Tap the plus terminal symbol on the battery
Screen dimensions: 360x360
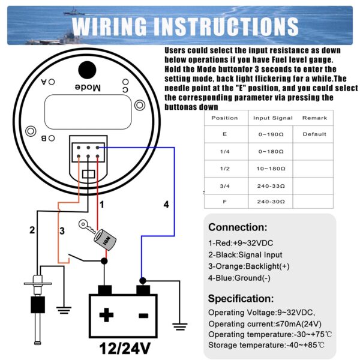coord(106,315)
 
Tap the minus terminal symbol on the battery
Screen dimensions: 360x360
coord(142,315)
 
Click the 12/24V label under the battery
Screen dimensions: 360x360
coord(124,347)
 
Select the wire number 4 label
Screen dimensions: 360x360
coord(166,205)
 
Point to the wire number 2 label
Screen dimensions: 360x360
coord(32,230)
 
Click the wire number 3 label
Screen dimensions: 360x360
coord(61,230)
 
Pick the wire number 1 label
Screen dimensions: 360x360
coord(102,205)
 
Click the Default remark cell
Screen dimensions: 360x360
coord(314,134)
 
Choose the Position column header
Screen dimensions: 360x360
coord(225,118)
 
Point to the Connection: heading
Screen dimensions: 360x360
coord(238,228)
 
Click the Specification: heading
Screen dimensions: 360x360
coord(241,298)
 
